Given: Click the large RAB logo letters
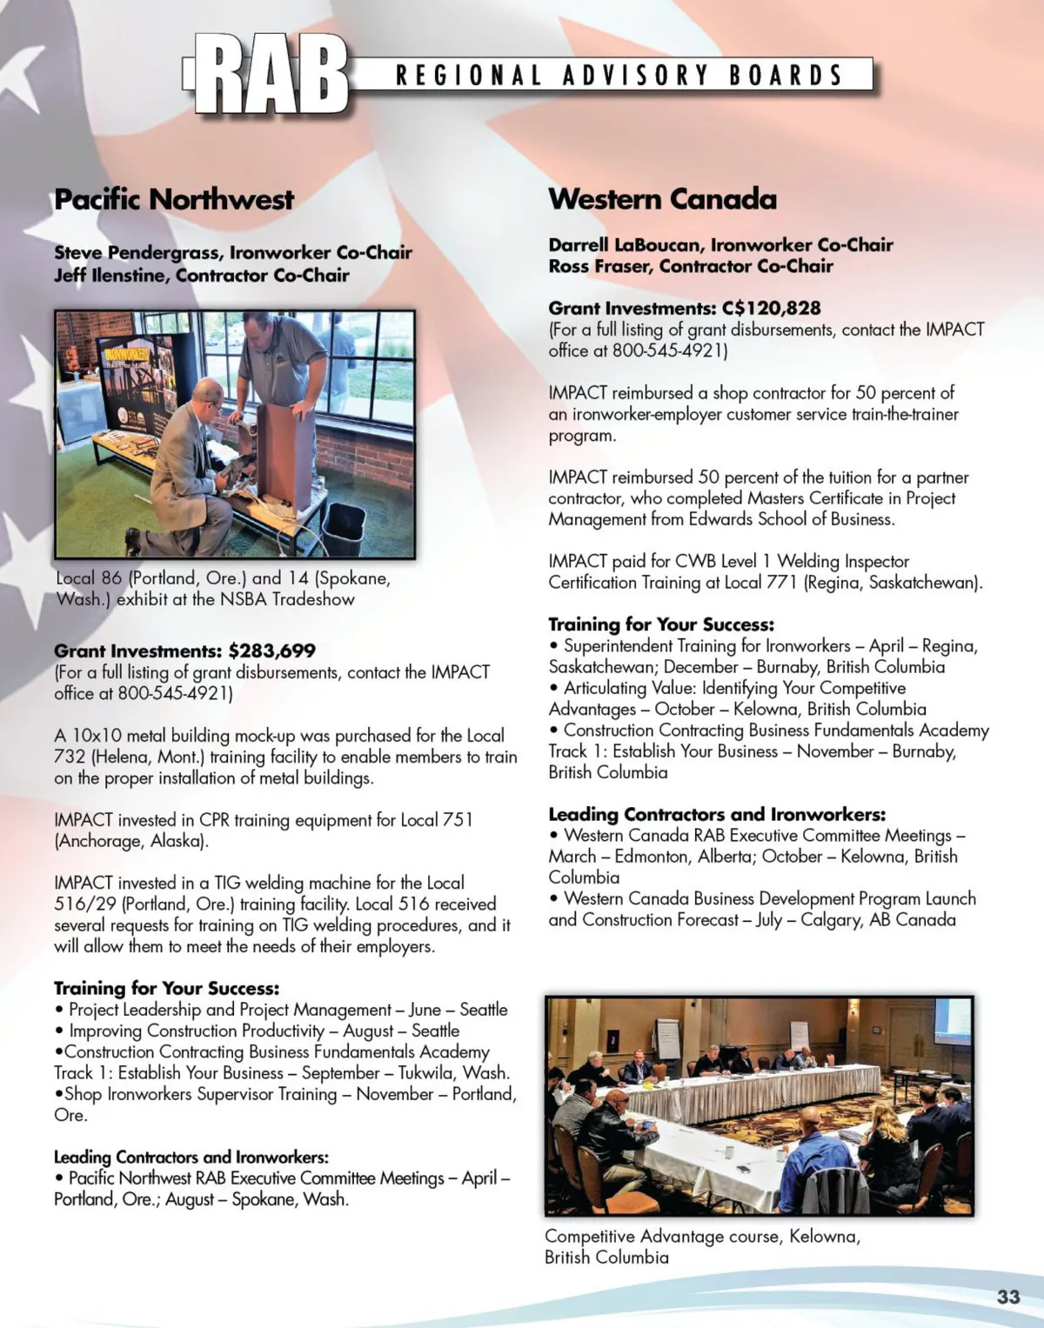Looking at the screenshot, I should coord(270,75).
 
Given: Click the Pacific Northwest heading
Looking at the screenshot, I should coord(174,199).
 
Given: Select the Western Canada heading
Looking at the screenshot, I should coord(662,199).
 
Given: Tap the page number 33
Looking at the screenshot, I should coord(1008,1297).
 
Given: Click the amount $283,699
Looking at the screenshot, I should coord(272,651).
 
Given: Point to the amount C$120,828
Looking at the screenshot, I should coord(771,308).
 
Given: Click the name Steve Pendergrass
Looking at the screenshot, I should coord(136,252).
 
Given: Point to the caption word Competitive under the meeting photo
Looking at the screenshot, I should coord(590,1236).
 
